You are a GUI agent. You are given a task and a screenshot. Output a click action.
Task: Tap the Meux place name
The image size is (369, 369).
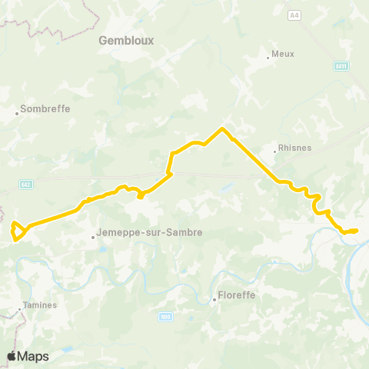[x=284, y=55]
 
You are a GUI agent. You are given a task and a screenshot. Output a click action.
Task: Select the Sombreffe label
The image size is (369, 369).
[x=45, y=108]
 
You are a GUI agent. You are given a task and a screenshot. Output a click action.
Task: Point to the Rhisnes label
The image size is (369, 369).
[x=294, y=149]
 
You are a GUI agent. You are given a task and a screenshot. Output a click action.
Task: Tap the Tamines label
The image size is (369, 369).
[x=39, y=305]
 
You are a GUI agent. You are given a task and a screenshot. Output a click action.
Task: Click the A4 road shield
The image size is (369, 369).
[x=294, y=15]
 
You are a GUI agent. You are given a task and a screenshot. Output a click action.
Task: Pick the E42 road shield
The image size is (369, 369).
[x=25, y=184]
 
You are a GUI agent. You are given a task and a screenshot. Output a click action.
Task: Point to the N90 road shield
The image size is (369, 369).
[x=165, y=316]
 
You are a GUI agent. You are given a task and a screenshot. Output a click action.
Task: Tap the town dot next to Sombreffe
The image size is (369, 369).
[x=17, y=115]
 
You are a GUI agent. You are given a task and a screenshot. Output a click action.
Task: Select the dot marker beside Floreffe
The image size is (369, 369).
[x=214, y=301]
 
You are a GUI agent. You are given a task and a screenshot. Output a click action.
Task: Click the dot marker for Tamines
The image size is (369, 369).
[x=20, y=311]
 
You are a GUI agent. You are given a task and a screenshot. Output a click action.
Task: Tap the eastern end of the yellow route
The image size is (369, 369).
[x=357, y=230]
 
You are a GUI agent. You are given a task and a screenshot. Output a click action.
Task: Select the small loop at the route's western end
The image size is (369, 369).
[x=18, y=232]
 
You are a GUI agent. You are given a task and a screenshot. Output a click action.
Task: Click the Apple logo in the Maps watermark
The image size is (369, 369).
[x=12, y=356]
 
